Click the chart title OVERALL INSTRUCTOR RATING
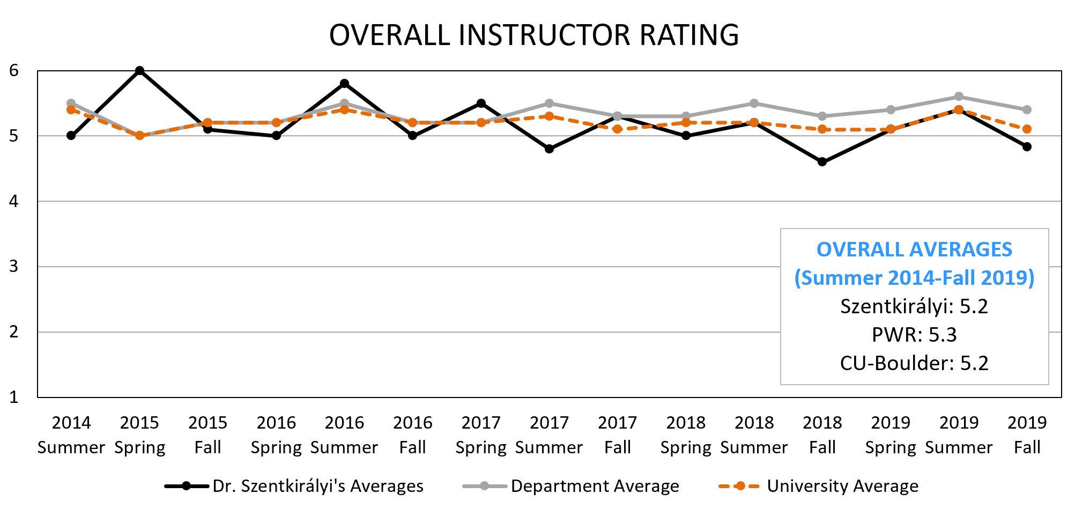tap(533, 35)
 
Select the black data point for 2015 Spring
tap(139, 71)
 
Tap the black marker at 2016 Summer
tap(344, 84)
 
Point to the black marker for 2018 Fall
tap(822, 162)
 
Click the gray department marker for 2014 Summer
tap(71, 103)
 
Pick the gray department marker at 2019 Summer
tap(959, 97)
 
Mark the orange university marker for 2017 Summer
tap(549, 116)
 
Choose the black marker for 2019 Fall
tap(1027, 146)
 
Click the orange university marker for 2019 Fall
tap(1027, 129)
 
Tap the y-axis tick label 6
tap(14, 70)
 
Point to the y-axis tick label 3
tap(14, 267)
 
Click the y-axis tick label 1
tap(14, 397)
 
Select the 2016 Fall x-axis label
tap(412, 435)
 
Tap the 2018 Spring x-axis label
tap(686, 435)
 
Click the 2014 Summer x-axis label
tap(71, 435)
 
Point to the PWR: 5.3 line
tap(914, 335)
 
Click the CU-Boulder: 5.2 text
tap(914, 363)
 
